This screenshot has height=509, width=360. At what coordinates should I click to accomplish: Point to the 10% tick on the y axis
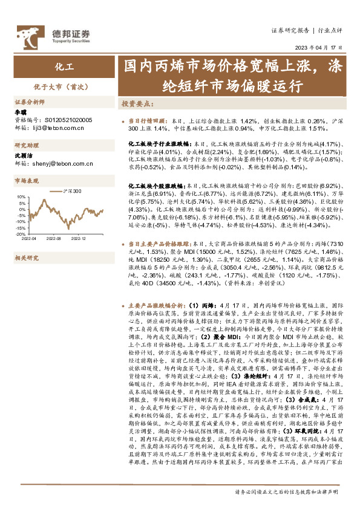21,197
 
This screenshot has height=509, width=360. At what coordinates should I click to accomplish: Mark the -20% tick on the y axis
20,233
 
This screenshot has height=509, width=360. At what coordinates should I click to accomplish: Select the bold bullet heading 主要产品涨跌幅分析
159,306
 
